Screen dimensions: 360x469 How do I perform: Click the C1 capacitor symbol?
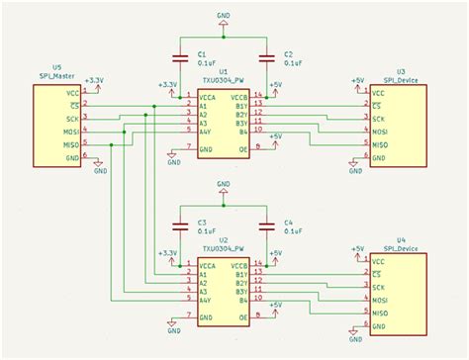(x=180, y=56)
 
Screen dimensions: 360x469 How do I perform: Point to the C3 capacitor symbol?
(x=180, y=224)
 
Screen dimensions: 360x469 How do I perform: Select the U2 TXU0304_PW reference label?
(x=223, y=243)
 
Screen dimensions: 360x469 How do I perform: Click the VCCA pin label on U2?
(x=207, y=264)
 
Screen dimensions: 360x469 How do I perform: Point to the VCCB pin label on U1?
(x=239, y=98)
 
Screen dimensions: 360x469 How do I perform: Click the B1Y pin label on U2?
(x=240, y=274)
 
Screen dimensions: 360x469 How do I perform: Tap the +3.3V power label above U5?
(x=95, y=79)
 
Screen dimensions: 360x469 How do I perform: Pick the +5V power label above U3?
(x=358, y=79)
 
